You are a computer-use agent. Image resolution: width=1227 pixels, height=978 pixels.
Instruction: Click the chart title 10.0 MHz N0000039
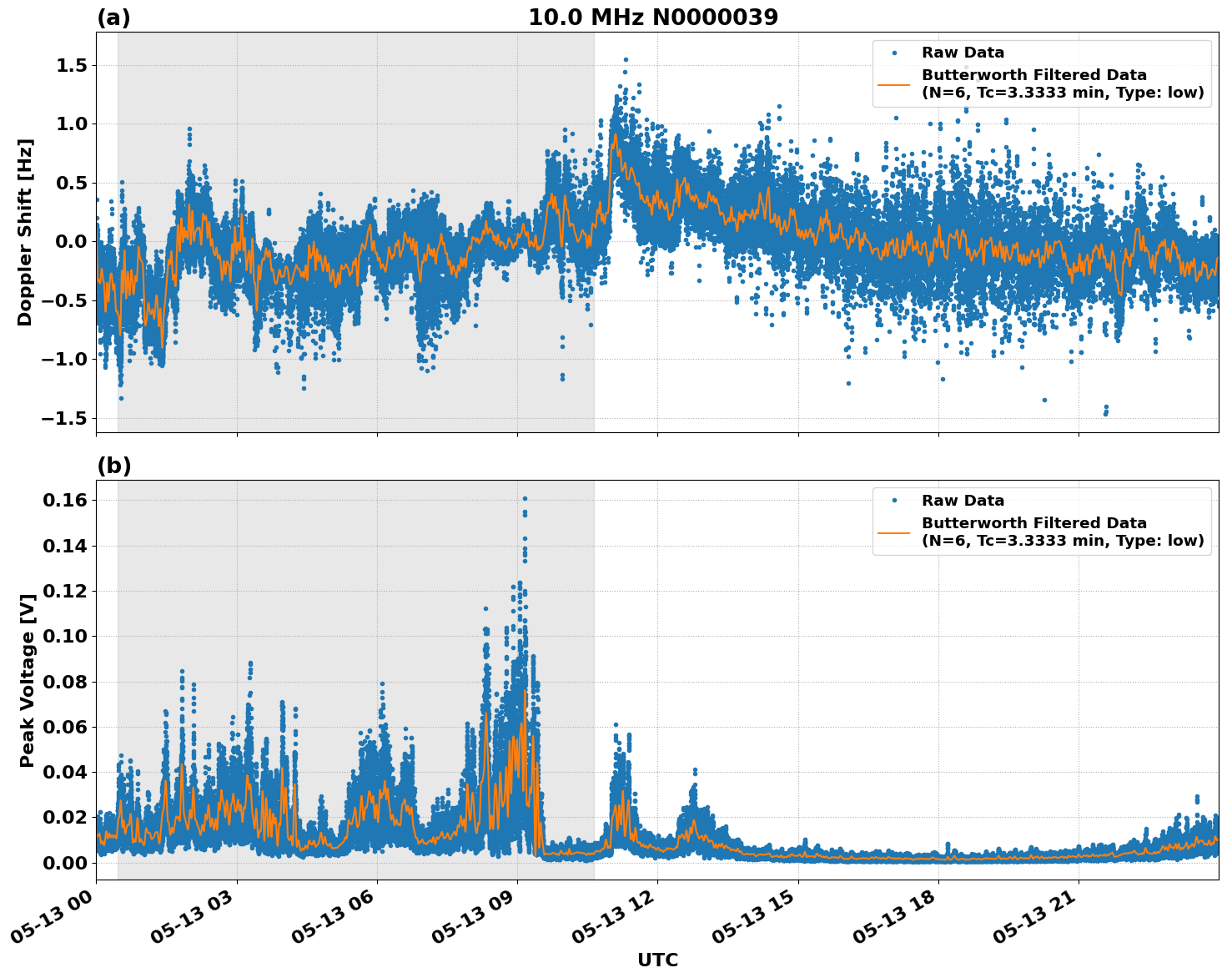click(652, 18)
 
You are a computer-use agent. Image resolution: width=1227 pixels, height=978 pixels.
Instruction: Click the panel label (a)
click(113, 18)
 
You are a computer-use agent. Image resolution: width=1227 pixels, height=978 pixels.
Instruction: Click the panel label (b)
click(113, 466)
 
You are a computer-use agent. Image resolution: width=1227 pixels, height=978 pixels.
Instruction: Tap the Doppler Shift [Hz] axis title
click(25, 232)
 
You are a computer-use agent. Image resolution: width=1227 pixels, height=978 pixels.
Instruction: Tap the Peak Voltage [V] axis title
click(28, 680)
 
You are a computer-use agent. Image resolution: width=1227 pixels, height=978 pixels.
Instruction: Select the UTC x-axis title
click(657, 960)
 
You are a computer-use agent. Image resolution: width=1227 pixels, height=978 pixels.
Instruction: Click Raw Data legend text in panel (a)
click(963, 53)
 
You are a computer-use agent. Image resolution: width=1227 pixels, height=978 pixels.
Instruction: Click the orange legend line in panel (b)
click(893, 532)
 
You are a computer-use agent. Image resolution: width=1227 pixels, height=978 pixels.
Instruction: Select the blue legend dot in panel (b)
click(893, 501)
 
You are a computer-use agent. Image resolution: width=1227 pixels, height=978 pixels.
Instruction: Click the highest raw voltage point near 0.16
click(525, 499)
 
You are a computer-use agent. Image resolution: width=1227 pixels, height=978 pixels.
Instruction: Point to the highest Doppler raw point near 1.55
click(626, 60)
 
